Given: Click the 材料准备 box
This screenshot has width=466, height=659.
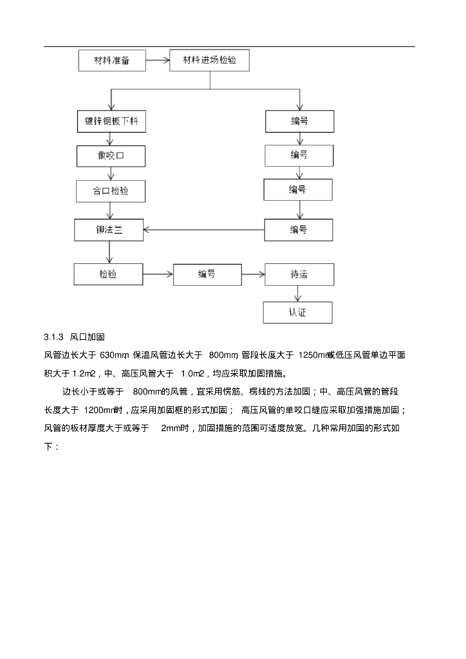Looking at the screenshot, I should pyautogui.click(x=111, y=61).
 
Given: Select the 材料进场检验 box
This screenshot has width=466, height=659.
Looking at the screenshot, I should pyautogui.click(x=209, y=60).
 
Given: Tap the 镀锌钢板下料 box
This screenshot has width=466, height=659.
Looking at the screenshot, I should pyautogui.click(x=111, y=121).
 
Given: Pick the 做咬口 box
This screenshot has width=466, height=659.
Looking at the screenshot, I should pyautogui.click(x=111, y=156).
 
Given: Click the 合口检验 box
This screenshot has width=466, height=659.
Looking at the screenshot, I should pyautogui.click(x=111, y=191).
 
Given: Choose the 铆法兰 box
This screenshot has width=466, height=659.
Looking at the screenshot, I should pyautogui.click(x=108, y=230).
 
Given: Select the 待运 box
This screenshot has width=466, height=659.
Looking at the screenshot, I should pyautogui.click(x=299, y=275).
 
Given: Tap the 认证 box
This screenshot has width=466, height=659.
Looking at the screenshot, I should pyautogui.click(x=297, y=313).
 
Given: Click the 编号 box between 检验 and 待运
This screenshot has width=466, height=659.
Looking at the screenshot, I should pyautogui.click(x=207, y=275).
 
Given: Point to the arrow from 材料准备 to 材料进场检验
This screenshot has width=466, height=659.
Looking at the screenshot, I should pyautogui.click(x=157, y=61).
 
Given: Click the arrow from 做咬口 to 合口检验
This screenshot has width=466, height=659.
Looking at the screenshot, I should pyautogui.click(x=111, y=173).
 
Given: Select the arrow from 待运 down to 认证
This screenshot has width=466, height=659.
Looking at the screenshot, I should pyautogui.click(x=297, y=293).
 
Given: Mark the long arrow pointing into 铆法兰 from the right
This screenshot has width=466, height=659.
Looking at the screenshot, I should pyautogui.click(x=203, y=230).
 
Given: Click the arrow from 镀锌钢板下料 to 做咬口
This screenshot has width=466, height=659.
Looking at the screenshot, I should pyautogui.click(x=111, y=139).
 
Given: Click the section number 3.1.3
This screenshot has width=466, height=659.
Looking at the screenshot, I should pyautogui.click(x=54, y=337).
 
